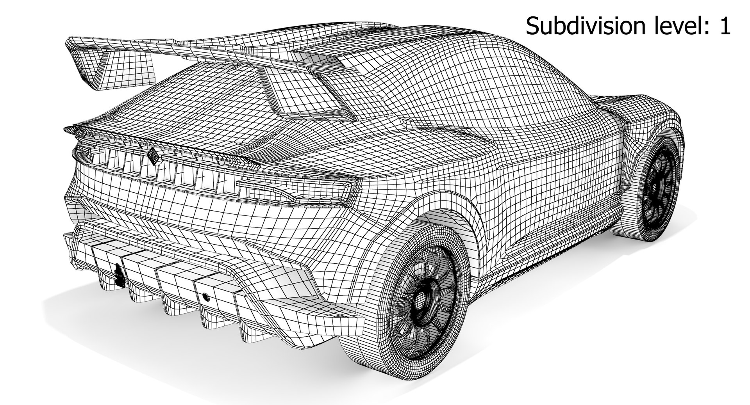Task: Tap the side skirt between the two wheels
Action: [547, 261]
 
